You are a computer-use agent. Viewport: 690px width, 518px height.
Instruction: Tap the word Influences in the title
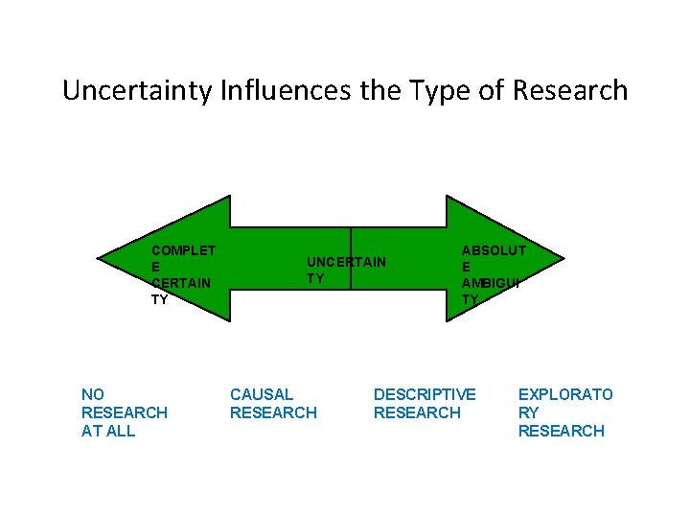tap(275, 91)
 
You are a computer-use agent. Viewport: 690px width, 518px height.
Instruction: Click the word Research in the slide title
tap(570, 91)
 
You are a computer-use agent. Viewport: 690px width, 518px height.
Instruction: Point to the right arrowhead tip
tap(563, 257)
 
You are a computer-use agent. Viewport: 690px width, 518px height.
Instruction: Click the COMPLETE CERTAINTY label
tap(182, 274)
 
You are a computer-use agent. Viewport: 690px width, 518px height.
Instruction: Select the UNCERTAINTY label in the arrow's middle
tap(345, 270)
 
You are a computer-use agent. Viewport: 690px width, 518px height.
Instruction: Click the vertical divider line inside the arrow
tap(351, 257)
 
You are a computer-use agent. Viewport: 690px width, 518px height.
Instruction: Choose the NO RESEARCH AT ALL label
tap(124, 412)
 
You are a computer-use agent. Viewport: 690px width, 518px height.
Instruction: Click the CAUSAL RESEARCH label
tap(272, 404)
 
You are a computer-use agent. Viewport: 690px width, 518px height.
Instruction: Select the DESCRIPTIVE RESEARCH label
tap(424, 404)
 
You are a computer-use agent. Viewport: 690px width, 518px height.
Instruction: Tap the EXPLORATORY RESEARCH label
tap(564, 412)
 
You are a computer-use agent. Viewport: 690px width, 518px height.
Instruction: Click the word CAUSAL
tap(262, 394)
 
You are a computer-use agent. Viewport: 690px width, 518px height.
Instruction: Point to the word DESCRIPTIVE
tap(424, 394)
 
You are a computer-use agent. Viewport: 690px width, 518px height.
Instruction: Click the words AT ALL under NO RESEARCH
tap(108, 431)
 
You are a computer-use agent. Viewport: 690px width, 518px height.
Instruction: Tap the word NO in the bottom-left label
tap(93, 394)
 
